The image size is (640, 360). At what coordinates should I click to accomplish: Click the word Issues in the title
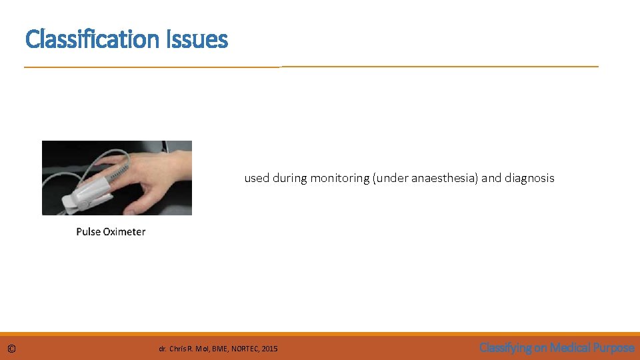click(202, 39)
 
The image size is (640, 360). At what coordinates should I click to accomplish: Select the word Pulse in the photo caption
click(88, 232)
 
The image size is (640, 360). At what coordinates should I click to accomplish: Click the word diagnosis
click(529, 178)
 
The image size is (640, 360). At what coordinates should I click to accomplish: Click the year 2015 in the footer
click(269, 349)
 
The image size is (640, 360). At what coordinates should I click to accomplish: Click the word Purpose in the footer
click(614, 347)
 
